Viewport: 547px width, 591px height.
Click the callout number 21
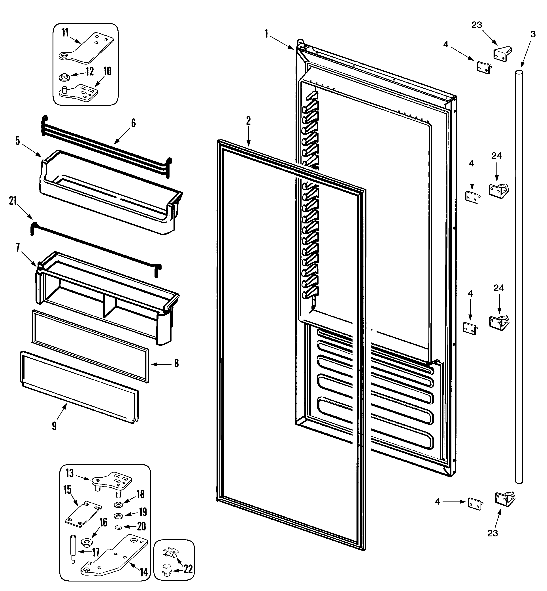[12, 201]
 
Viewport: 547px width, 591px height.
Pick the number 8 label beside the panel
[176, 364]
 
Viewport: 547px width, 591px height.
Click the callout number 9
[54, 426]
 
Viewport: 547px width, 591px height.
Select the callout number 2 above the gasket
[248, 121]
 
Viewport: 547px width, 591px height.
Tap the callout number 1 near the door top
[266, 34]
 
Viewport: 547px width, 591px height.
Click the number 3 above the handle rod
[533, 34]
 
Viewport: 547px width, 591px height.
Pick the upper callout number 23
[477, 25]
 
